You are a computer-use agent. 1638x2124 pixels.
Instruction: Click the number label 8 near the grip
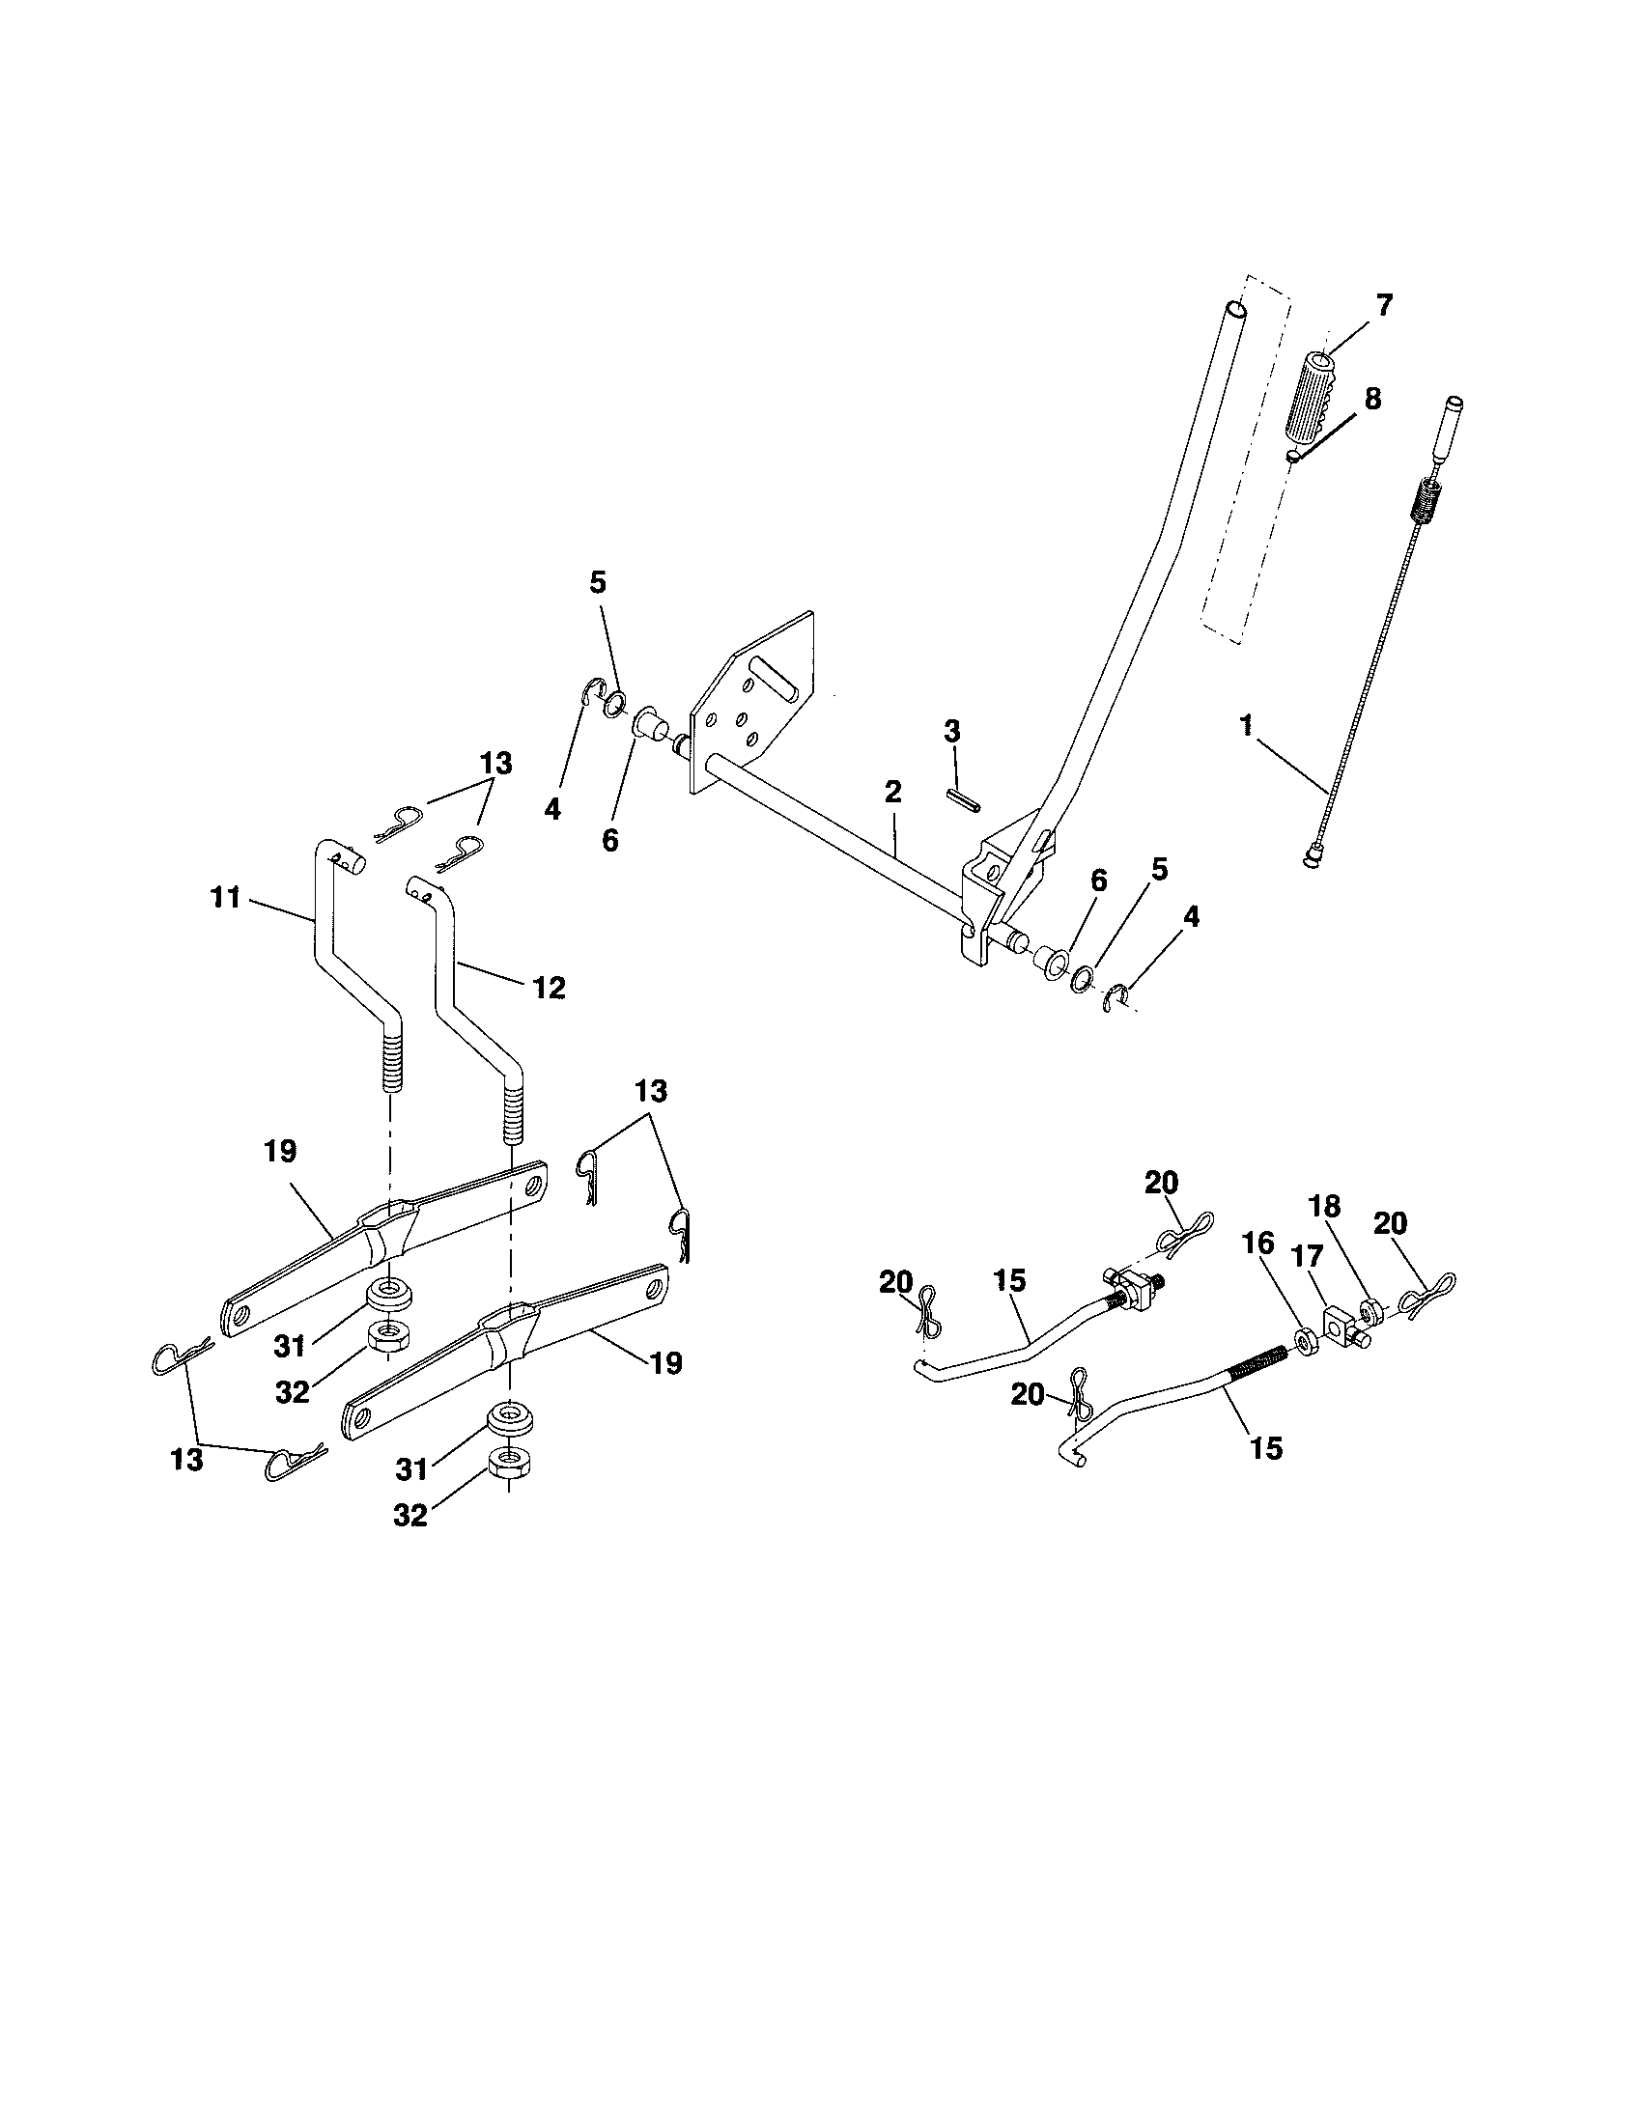tap(1371, 399)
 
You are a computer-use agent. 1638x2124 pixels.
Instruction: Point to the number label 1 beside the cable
tap(1246, 725)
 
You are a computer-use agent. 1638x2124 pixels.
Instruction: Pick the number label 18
tap(1324, 1207)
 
